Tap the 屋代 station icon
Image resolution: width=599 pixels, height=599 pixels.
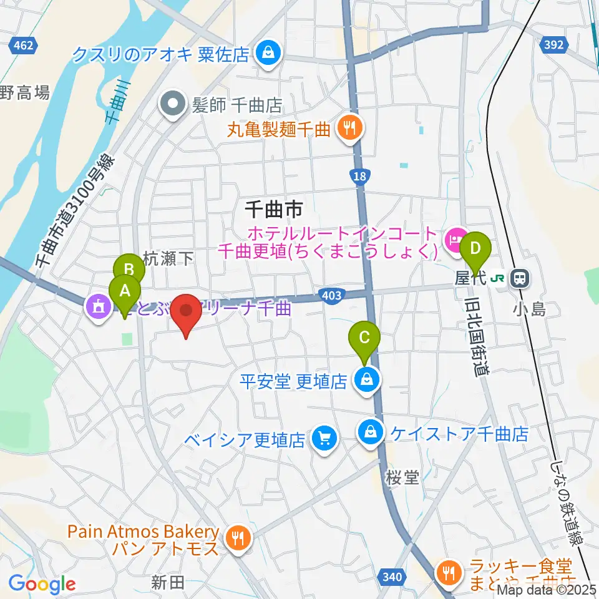pyautogui.click(x=519, y=278)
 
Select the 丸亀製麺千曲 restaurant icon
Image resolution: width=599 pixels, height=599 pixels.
pyautogui.click(x=346, y=129)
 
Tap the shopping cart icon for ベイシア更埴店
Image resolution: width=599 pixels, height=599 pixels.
pyautogui.click(x=324, y=439)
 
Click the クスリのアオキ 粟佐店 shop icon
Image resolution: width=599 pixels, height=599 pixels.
pyautogui.click(x=268, y=53)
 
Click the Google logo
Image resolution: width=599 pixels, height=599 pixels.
pyautogui.click(x=42, y=584)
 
